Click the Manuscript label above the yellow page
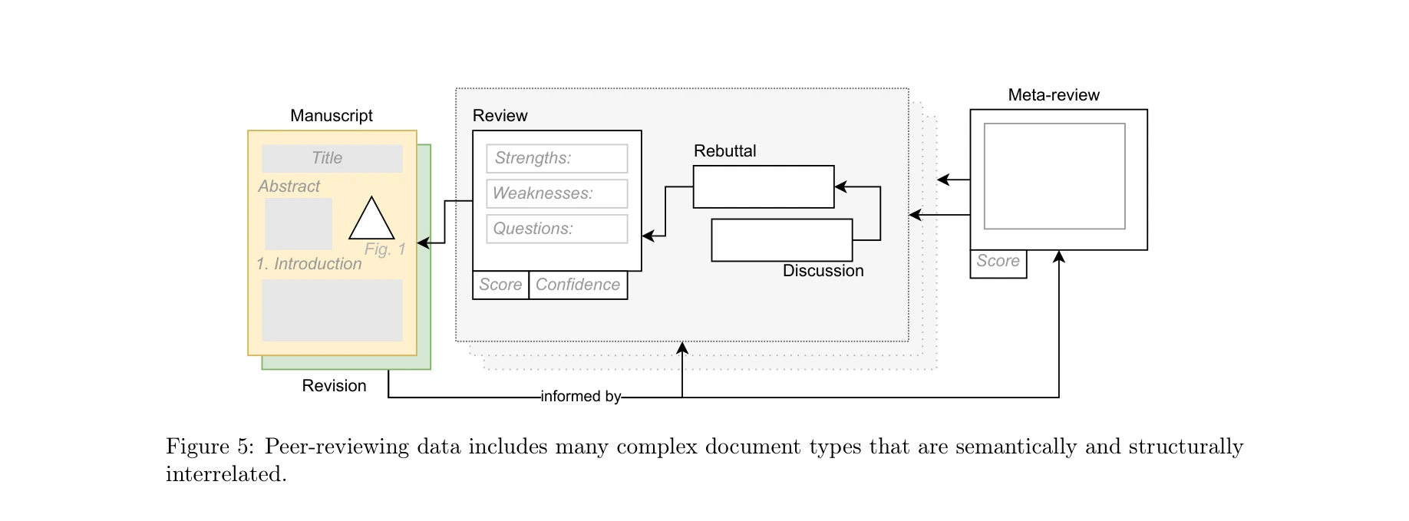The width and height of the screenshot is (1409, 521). [x=331, y=116]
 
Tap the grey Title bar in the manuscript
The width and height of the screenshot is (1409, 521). [x=332, y=158]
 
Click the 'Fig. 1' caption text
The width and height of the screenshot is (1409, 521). [x=384, y=249]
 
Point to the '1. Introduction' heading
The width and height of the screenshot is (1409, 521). [x=309, y=264]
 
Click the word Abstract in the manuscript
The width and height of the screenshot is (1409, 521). [x=289, y=186]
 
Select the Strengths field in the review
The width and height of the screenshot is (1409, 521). [x=556, y=158]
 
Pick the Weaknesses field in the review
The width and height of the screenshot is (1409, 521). [x=556, y=193]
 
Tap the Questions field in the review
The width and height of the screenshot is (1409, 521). [x=556, y=229]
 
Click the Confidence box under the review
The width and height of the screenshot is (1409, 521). [x=578, y=285]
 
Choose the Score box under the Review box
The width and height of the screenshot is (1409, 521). [x=500, y=285]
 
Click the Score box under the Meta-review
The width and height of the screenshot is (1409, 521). [x=998, y=262]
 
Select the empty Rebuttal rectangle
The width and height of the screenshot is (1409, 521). [x=763, y=186]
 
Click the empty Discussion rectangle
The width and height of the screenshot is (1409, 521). [x=781, y=240]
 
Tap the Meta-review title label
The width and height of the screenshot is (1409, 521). [x=1053, y=95]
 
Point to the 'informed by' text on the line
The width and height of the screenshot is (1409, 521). [x=580, y=397]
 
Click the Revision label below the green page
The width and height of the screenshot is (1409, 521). [x=334, y=386]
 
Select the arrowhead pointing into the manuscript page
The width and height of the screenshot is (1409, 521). [x=422, y=243]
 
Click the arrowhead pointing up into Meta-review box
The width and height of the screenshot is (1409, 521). [x=1058, y=256]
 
